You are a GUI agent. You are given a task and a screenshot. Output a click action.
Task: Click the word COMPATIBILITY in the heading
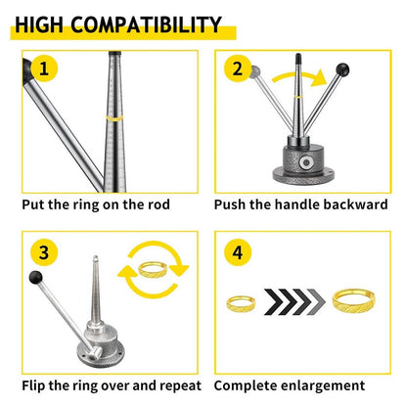point(146,24)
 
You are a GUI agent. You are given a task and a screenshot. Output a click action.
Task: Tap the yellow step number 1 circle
point(44,68)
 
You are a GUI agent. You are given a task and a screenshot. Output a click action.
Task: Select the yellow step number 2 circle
point(238,68)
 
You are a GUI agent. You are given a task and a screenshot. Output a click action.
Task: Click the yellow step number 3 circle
point(44,252)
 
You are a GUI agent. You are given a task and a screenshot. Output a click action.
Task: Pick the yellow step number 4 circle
point(238,252)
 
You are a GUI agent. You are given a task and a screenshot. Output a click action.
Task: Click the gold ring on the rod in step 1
point(114,118)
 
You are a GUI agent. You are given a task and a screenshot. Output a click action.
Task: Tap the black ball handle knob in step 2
point(342,69)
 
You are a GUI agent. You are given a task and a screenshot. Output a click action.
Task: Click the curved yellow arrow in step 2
point(299,77)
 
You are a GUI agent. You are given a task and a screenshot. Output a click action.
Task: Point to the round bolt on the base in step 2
point(306,162)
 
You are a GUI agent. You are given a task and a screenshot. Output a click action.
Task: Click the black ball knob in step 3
point(35,277)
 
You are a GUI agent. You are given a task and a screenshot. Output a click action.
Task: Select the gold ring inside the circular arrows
point(153,269)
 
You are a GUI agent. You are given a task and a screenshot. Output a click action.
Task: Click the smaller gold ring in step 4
point(241,303)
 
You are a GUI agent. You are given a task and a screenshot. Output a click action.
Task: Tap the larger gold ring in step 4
point(354,299)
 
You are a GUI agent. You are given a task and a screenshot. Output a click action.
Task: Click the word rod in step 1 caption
point(159,204)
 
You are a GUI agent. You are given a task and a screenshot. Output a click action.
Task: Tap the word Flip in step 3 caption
point(33,385)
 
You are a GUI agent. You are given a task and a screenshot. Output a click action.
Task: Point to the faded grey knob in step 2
point(255,70)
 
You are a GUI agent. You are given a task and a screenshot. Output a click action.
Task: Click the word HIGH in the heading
point(39,24)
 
